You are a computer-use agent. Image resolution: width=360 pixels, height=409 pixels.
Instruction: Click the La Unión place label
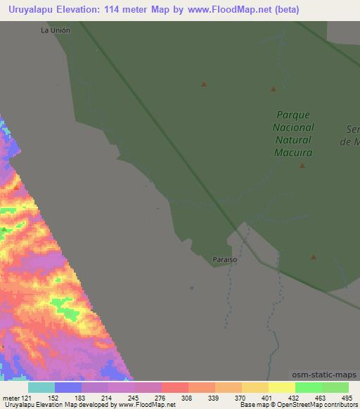click(56, 31)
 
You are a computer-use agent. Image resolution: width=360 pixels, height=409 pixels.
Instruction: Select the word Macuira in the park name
click(293, 152)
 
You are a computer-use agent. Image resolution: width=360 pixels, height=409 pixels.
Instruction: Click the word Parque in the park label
click(293, 115)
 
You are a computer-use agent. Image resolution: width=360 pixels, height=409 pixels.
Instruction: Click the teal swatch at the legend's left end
click(41, 387)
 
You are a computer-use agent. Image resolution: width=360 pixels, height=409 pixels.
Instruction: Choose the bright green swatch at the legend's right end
click(335, 387)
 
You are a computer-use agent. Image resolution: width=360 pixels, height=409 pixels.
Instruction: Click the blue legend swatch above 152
click(68, 387)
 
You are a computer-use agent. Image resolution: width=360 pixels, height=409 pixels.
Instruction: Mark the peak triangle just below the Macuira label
click(302, 166)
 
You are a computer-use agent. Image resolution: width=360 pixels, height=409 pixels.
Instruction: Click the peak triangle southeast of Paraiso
click(314, 257)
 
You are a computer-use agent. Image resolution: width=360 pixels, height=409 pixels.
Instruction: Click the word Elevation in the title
click(85, 10)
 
